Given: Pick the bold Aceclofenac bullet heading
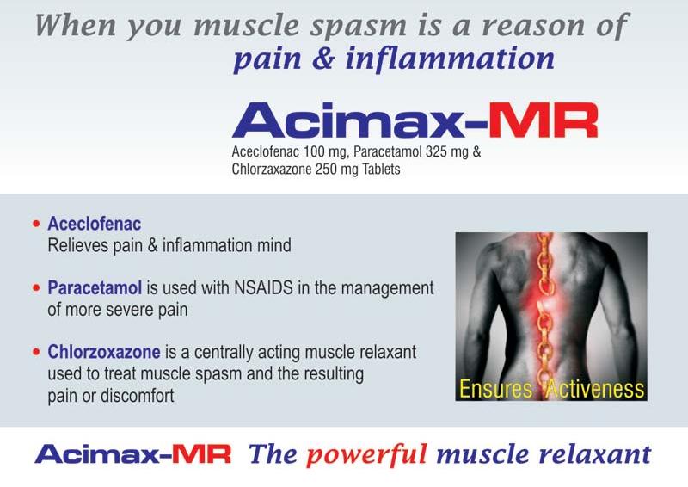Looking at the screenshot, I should click(x=95, y=225).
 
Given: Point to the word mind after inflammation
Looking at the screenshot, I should click(x=274, y=246).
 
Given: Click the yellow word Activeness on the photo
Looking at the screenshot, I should click(x=593, y=389).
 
